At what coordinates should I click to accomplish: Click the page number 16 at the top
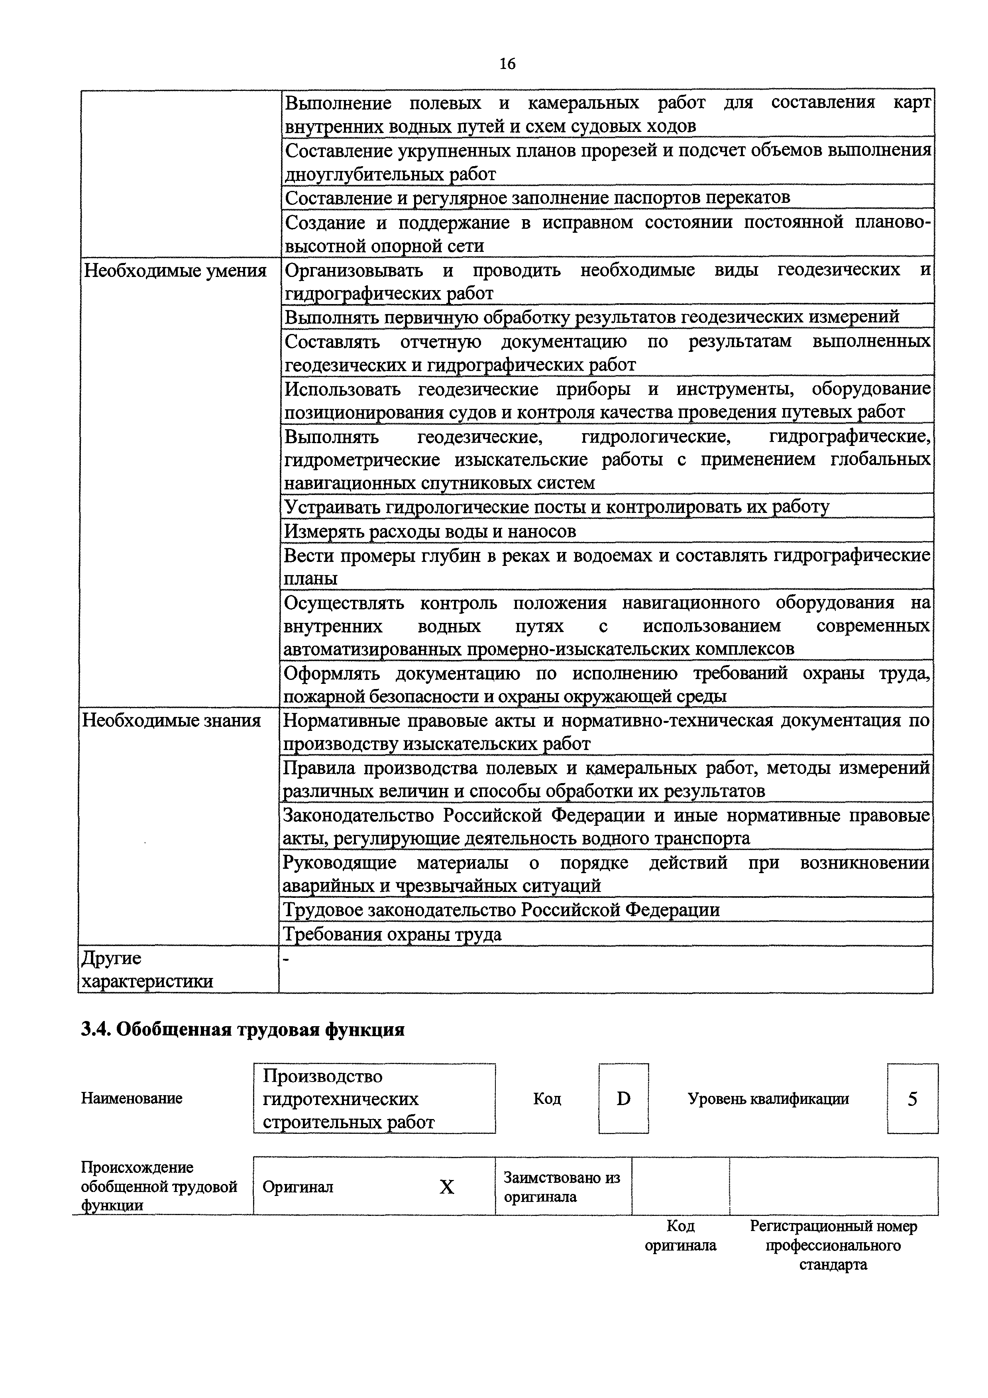(507, 63)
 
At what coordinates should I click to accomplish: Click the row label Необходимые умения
(175, 270)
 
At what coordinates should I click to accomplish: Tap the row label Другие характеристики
(147, 969)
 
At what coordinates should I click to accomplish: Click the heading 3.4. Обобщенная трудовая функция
(242, 1030)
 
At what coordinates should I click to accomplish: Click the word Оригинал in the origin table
(298, 1187)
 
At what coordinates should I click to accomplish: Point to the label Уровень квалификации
(768, 1099)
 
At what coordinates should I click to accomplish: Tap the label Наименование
(132, 1099)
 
